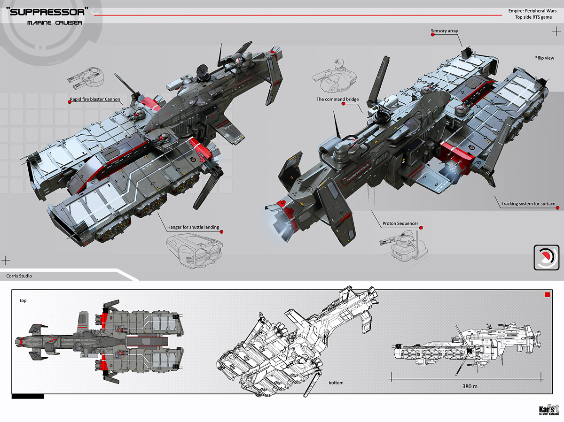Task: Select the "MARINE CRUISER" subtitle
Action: pyautogui.click(x=55, y=23)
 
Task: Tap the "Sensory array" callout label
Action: pyautogui.click(x=444, y=31)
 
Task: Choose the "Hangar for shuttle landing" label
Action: pyautogui.click(x=193, y=228)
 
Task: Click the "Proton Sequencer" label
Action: pyautogui.click(x=400, y=223)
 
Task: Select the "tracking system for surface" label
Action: pyautogui.click(x=528, y=204)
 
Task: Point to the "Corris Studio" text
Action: pyautogui.click(x=19, y=276)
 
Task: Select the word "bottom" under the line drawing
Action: pyautogui.click(x=336, y=383)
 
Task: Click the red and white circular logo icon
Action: pyautogui.click(x=546, y=257)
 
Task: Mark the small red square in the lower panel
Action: pyautogui.click(x=547, y=295)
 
